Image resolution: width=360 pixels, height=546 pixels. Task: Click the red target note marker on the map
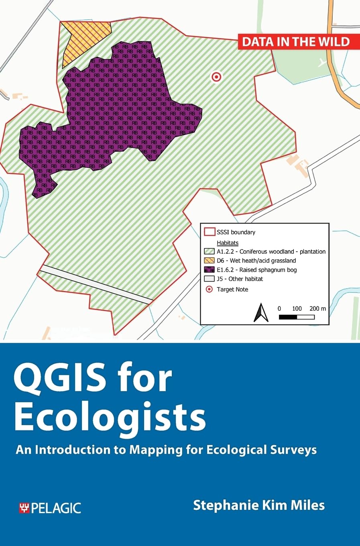(216, 77)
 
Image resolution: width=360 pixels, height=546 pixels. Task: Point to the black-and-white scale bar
(297, 317)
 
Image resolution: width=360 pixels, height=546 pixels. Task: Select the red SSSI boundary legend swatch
(209, 232)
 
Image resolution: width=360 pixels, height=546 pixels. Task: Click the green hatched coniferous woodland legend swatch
(209, 251)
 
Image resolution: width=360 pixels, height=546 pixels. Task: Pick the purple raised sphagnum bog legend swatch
(209, 270)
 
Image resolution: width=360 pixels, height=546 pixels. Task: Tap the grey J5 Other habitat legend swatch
(209, 279)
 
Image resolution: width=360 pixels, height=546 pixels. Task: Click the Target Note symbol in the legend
(209, 289)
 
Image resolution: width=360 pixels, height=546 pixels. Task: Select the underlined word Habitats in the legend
(228, 242)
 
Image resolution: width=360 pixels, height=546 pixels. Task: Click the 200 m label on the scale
(317, 308)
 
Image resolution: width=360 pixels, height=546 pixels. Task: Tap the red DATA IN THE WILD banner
(295, 42)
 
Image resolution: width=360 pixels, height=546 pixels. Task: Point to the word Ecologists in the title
(110, 416)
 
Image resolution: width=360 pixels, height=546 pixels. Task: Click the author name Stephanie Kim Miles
(259, 505)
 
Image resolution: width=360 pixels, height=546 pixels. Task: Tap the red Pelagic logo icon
(24, 508)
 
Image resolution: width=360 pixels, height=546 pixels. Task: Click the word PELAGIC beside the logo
(56, 508)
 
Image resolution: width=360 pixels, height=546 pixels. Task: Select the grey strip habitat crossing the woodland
(96, 283)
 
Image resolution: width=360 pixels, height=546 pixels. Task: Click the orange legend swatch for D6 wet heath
(209, 261)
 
